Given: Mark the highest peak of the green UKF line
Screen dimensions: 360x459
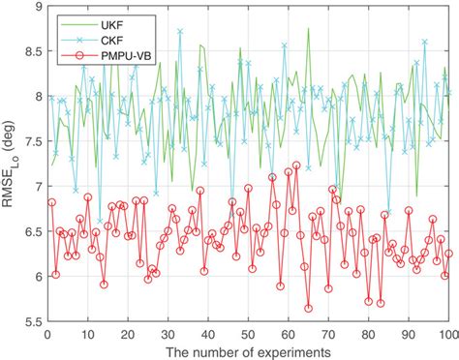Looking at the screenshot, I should (x=308, y=29).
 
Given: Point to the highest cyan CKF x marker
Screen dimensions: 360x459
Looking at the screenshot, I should (x=179, y=31).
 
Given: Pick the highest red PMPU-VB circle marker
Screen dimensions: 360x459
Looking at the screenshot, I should (x=296, y=165).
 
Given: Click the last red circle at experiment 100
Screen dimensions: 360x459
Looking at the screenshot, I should (x=448, y=254).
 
